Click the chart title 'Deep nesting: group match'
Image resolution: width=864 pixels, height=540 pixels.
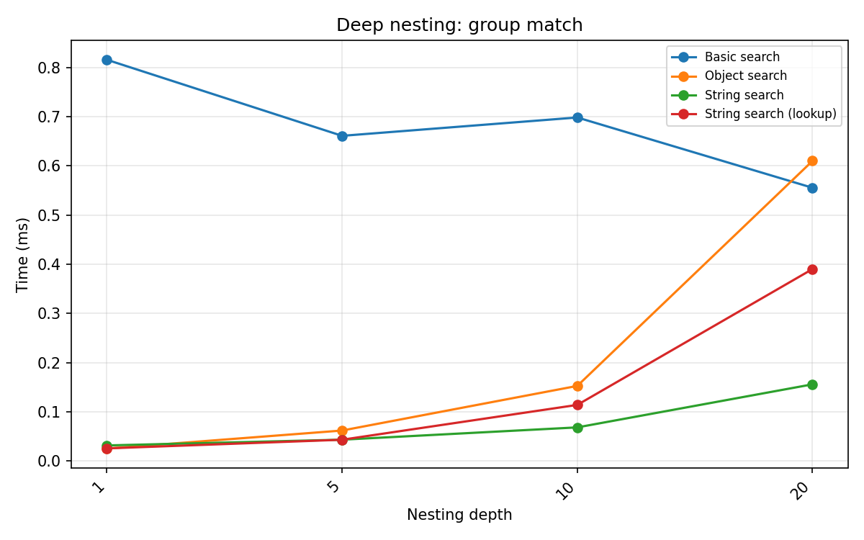pyautogui.click(x=459, y=25)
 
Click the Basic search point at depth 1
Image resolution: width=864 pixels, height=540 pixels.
pyautogui.click(x=107, y=60)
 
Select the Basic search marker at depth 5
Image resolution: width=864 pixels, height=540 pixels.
pyautogui.click(x=342, y=136)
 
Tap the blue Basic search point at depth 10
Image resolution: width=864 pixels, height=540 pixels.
pyautogui.click(x=577, y=117)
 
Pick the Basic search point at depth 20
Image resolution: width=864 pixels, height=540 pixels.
pyautogui.click(x=812, y=188)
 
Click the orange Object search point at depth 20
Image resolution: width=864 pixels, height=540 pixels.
pyautogui.click(x=812, y=161)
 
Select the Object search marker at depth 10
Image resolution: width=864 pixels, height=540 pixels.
pyautogui.click(x=577, y=386)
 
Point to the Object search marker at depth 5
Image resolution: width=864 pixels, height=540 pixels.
pyautogui.click(x=342, y=431)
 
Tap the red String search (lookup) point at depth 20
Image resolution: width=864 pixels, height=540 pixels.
pyautogui.click(x=812, y=269)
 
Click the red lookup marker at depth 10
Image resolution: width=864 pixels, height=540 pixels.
pyautogui.click(x=577, y=405)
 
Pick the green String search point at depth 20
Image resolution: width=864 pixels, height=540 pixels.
pyautogui.click(x=812, y=384)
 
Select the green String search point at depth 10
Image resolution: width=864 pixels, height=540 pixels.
pyautogui.click(x=577, y=428)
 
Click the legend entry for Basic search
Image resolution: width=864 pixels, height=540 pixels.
pyautogui.click(x=742, y=57)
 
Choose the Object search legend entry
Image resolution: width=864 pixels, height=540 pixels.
pyautogui.click(x=745, y=76)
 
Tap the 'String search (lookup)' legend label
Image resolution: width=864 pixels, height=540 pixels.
pyautogui.click(x=770, y=114)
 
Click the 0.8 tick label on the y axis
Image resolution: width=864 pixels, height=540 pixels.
pyautogui.click(x=53, y=68)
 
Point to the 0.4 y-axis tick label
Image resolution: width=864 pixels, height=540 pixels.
pyautogui.click(x=53, y=265)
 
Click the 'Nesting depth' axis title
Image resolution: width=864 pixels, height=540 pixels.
pyautogui.click(x=459, y=515)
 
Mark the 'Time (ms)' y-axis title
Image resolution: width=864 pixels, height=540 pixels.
pyautogui.click(x=23, y=254)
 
